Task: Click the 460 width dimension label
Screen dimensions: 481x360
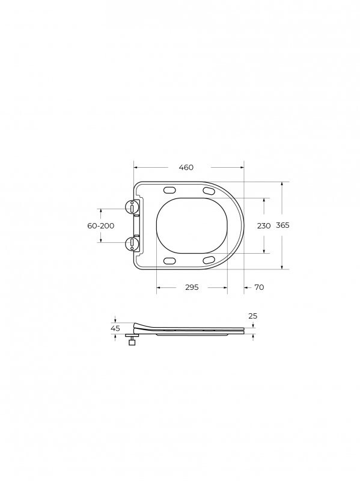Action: pos(186,167)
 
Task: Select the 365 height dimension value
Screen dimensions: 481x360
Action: pos(282,225)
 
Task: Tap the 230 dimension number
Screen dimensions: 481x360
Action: pos(264,225)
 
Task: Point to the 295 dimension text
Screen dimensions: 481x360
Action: pos(191,287)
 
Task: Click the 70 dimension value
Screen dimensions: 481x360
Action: pos(259,287)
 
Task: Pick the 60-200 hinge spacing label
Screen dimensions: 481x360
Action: pos(100,225)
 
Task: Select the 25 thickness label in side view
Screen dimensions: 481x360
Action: pos(252,316)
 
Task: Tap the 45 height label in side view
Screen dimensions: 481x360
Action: pos(115,328)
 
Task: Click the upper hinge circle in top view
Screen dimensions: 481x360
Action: pos(132,207)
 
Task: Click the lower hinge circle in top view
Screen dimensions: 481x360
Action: pos(132,243)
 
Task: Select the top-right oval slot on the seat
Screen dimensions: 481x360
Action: pos(209,191)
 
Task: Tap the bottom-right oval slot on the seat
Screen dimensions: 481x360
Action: pos(209,260)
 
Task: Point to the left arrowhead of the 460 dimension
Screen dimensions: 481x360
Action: pos(135,167)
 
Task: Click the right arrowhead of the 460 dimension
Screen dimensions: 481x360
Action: pos(242,167)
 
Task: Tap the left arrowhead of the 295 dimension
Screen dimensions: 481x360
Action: pos(159,288)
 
